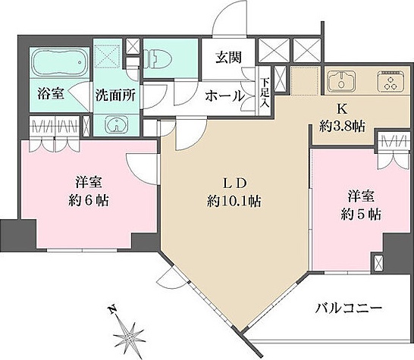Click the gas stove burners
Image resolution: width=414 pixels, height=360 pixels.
(x=393, y=81)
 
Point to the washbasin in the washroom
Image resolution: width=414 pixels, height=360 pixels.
(x=114, y=126)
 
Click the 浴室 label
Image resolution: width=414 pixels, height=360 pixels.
(x=51, y=94)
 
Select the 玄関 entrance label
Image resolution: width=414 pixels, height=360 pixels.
(x=227, y=56)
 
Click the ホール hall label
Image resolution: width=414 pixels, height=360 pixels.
(x=225, y=96)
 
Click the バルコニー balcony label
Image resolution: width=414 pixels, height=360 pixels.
(x=349, y=308)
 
